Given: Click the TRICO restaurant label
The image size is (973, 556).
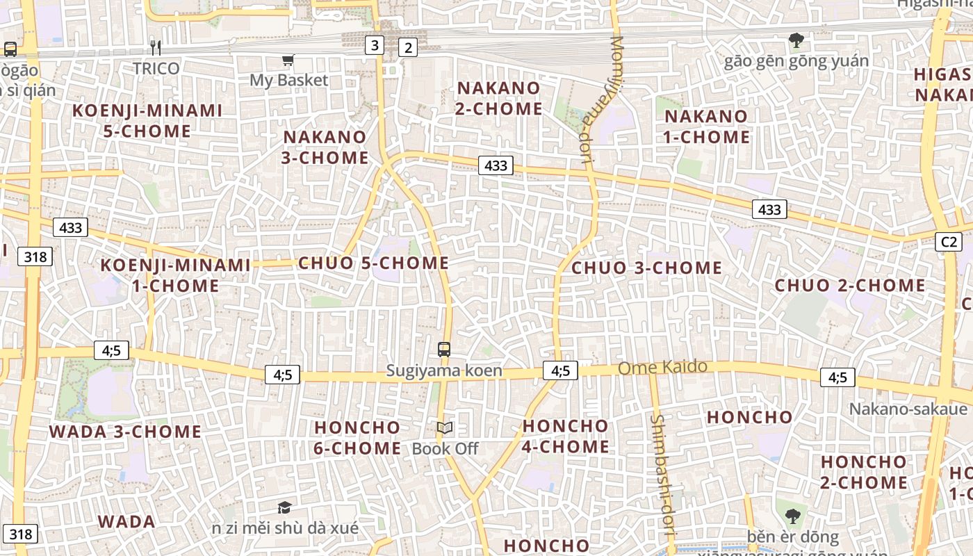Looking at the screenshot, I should pos(156,68).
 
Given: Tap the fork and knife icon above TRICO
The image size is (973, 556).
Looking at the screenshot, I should pos(156,47).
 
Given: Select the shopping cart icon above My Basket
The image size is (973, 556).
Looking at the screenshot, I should pos(288,60).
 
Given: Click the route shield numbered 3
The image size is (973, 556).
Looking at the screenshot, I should pos(375,46).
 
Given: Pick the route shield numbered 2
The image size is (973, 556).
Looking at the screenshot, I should pos(408,47).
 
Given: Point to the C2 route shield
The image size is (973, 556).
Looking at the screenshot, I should pos(949,242).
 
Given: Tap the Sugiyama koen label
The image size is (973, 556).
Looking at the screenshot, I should pos(444,370).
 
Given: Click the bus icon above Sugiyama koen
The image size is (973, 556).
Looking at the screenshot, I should pos(444,350).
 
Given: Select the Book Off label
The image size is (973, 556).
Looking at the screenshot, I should pos(445,449).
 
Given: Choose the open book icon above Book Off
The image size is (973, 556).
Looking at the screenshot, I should pos(445,428).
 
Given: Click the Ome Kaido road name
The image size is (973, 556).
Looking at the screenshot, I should pos(662,367).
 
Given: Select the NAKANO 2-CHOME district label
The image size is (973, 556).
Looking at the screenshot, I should pos(499,98).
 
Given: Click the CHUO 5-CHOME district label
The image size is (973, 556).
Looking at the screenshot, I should pos(373,263).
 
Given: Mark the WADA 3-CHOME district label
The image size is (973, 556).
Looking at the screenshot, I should pos(125,432).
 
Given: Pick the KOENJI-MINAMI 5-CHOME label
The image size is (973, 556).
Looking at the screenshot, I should pos(147,120).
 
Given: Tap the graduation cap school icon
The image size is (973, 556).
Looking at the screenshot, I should pos(284,507).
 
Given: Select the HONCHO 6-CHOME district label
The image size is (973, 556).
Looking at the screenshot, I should pos(357,438).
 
